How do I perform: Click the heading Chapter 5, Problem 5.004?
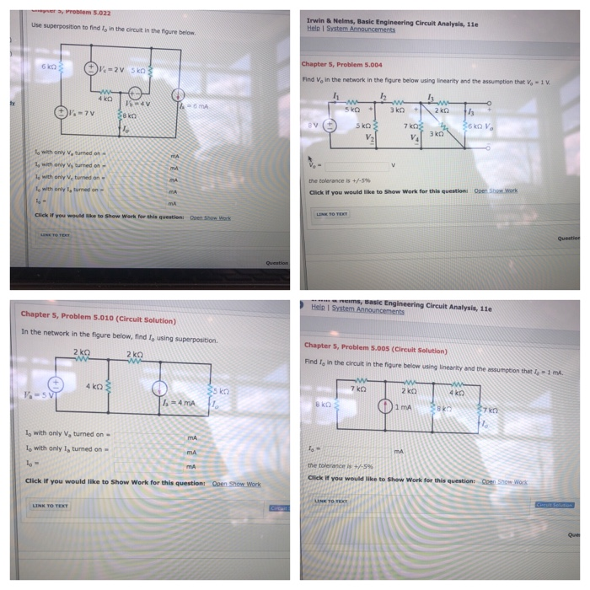point(341,64)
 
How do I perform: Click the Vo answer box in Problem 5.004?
point(353,166)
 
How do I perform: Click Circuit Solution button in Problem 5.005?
point(554,504)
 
